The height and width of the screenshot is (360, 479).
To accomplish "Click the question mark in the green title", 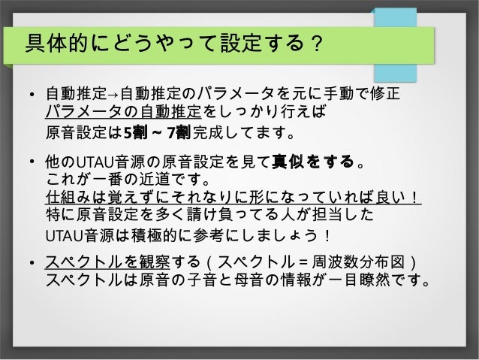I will [x=317, y=47].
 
